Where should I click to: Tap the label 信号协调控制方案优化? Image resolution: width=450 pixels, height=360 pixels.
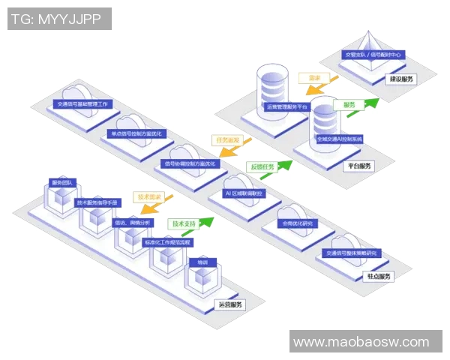189,163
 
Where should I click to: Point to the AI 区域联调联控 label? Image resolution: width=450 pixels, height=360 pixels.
244,193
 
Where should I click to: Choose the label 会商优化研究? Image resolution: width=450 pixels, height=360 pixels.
295,223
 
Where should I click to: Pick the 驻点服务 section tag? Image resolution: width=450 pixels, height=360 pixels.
378,277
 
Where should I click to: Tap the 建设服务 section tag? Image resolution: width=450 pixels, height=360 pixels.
401,79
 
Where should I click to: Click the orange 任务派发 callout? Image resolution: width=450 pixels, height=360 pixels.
227,140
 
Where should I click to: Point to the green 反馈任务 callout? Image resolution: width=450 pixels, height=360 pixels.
262,166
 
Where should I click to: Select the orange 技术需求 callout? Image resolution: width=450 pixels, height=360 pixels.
149,196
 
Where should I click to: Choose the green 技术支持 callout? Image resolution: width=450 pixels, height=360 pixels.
185,223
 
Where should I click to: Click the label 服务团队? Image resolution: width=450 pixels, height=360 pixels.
61,182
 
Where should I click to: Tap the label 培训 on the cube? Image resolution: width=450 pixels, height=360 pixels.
202,262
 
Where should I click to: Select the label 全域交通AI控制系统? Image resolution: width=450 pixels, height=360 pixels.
339,139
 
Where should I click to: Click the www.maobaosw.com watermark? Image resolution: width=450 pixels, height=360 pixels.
361,342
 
